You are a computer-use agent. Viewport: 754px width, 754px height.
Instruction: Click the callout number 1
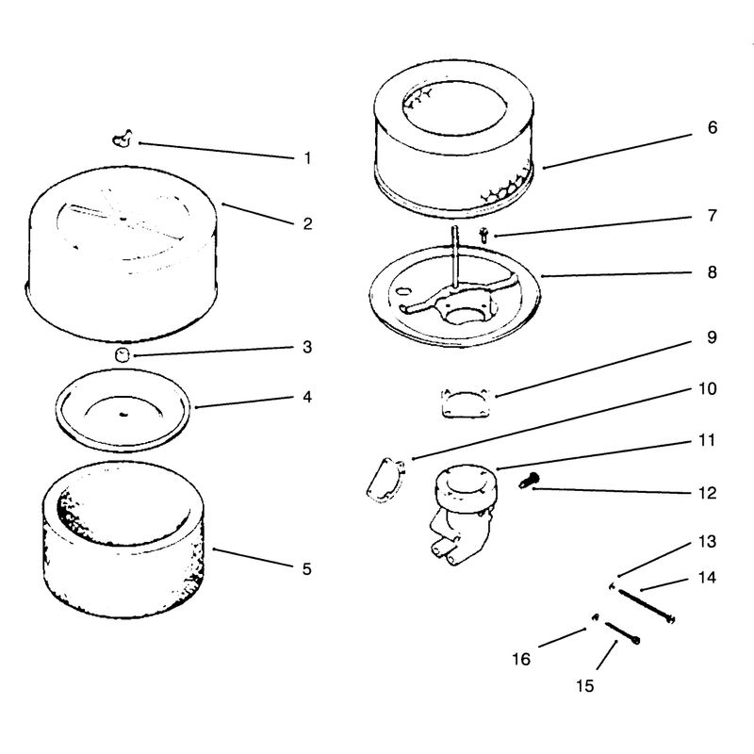[x=308, y=157]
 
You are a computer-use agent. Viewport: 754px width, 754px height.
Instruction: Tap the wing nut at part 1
[x=123, y=139]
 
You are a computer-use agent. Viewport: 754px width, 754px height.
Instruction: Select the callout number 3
[x=308, y=347]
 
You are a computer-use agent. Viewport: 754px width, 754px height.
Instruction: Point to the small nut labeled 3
[x=123, y=355]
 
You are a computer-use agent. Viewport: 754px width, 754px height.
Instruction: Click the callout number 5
[x=307, y=569]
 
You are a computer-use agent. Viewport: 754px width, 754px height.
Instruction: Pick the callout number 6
[x=713, y=127]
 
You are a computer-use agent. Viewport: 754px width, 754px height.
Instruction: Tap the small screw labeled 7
[x=484, y=236]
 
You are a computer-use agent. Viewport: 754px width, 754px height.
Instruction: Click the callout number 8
[x=713, y=272]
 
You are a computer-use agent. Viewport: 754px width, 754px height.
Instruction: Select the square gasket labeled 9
[x=466, y=402]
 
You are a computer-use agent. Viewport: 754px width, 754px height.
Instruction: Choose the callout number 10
[x=708, y=388]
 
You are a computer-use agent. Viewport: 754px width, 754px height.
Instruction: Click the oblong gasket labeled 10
[x=385, y=481]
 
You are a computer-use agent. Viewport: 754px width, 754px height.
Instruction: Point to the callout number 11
[x=707, y=440]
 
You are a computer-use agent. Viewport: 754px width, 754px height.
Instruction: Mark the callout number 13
[x=708, y=541]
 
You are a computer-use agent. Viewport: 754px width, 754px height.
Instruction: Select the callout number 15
[x=585, y=686]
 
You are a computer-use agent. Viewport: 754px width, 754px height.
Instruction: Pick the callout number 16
[x=521, y=659]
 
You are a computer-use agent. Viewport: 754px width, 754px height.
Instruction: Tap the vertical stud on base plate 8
[x=455, y=256]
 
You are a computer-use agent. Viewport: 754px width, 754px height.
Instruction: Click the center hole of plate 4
[x=123, y=414]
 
